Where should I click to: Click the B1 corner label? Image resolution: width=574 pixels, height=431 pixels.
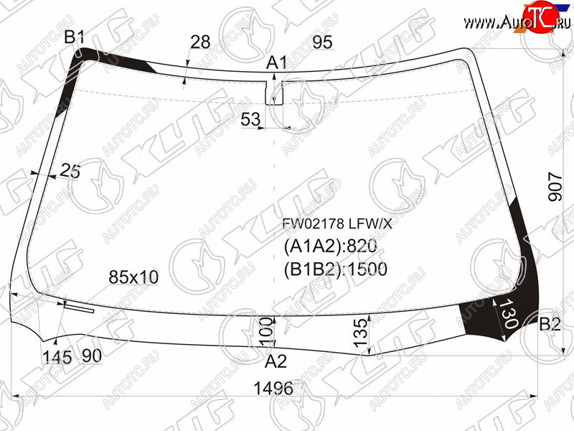coord(75,37)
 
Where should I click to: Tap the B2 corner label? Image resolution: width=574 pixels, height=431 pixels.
coord(550,325)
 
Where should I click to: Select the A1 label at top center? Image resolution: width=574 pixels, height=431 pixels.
coord(276,62)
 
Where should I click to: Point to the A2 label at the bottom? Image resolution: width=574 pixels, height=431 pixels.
coord(276,361)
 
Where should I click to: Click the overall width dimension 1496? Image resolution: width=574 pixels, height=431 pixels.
coord(273,388)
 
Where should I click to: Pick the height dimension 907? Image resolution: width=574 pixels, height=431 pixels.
coord(555,187)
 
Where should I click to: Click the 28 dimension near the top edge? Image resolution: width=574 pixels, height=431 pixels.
coord(200,42)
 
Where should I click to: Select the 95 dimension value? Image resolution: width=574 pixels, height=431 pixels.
coord(322,42)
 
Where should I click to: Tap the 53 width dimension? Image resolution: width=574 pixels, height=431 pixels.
coord(250,119)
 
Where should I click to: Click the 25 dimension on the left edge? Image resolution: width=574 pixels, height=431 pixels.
coord(70,170)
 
